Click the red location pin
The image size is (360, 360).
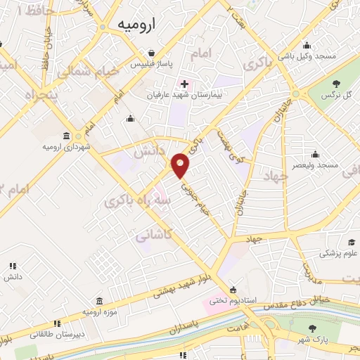[x=181, y=166]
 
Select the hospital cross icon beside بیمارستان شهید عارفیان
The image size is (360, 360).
[x=184, y=84]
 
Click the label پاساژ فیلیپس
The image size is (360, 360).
[x=150, y=63]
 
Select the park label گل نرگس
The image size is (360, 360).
[x=342, y=94]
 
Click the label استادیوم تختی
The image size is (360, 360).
[x=226, y=301]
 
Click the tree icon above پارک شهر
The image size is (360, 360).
[x=313, y=327]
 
